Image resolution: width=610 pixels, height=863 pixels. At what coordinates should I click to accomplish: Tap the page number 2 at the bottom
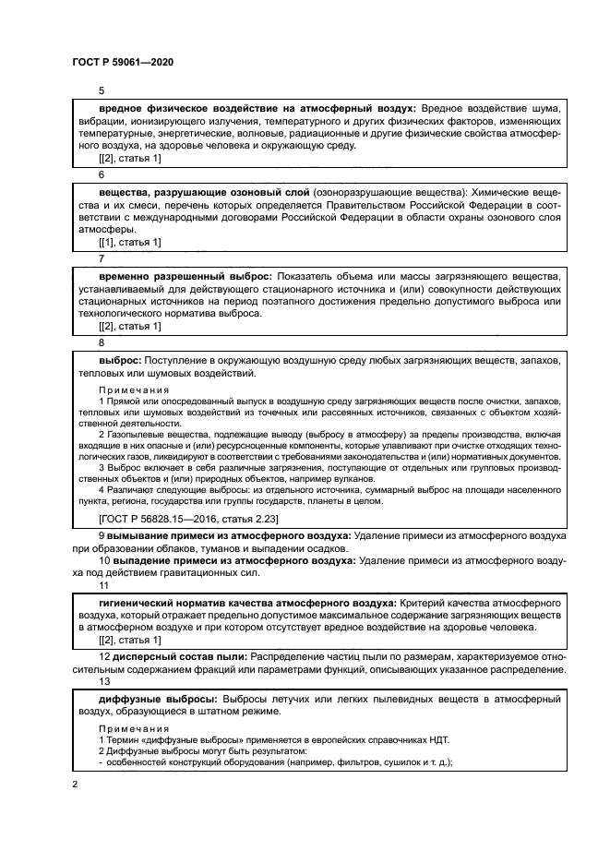point(75,784)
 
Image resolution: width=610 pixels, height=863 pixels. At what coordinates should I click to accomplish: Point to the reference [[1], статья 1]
point(129,243)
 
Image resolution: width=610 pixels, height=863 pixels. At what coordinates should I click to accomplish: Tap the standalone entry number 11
point(103,585)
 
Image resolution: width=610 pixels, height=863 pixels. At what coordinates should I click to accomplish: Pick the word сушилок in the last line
point(381,762)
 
